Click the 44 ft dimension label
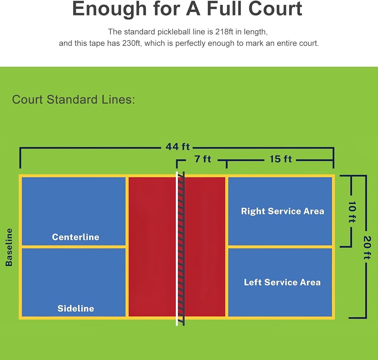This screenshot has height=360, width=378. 177,147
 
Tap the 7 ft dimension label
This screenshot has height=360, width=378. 203,159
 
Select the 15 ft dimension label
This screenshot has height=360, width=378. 280,159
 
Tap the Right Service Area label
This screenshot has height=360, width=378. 282,211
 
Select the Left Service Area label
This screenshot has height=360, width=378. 282,282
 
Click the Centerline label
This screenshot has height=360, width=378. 76,237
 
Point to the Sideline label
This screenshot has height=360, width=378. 76,308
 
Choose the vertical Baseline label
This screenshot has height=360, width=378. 9,247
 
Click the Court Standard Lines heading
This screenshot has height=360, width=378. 74,100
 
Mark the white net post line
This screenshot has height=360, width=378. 177,247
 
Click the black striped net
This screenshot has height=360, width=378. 181,247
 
